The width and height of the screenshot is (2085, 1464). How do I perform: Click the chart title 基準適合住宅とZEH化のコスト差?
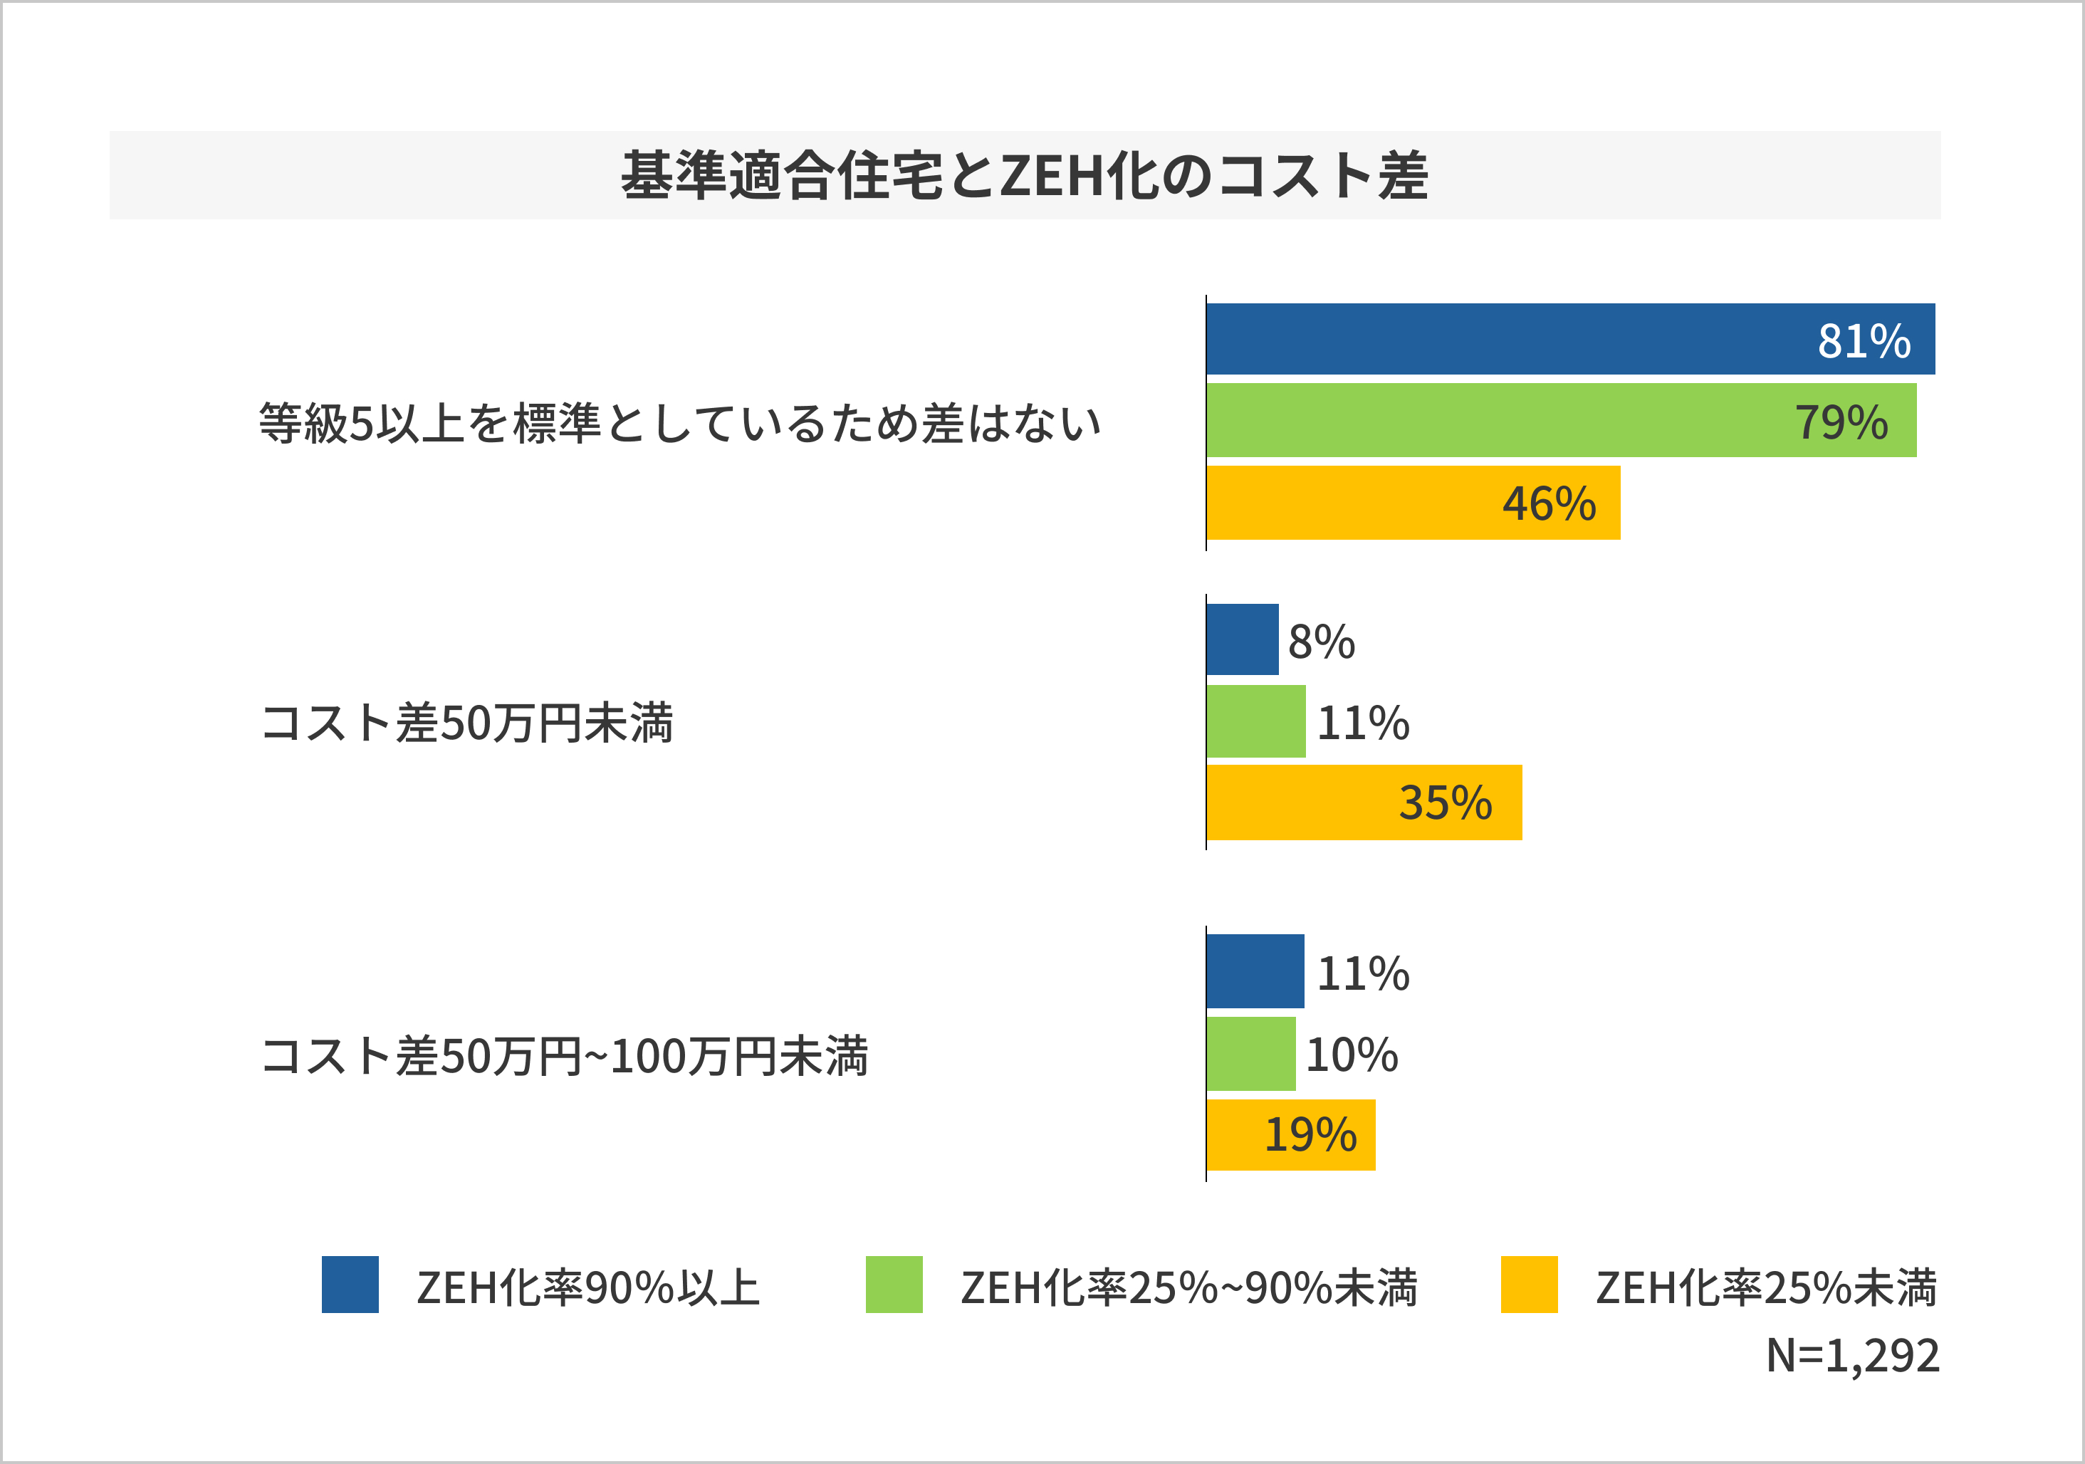(1024, 175)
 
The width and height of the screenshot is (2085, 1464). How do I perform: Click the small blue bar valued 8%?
(1243, 639)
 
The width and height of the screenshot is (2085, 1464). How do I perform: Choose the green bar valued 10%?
(1250, 1054)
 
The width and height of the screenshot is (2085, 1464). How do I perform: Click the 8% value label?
(1322, 642)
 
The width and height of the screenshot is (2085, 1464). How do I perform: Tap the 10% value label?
(1352, 1055)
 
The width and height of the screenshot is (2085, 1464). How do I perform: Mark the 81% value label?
(1864, 342)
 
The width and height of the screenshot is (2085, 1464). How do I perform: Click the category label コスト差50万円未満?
(466, 724)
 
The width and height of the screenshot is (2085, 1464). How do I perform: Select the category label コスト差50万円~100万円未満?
(564, 1056)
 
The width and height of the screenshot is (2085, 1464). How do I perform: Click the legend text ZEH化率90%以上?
(587, 1288)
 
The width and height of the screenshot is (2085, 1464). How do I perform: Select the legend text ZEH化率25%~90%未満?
(1188, 1288)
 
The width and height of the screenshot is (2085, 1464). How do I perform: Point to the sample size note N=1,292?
(1853, 1356)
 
